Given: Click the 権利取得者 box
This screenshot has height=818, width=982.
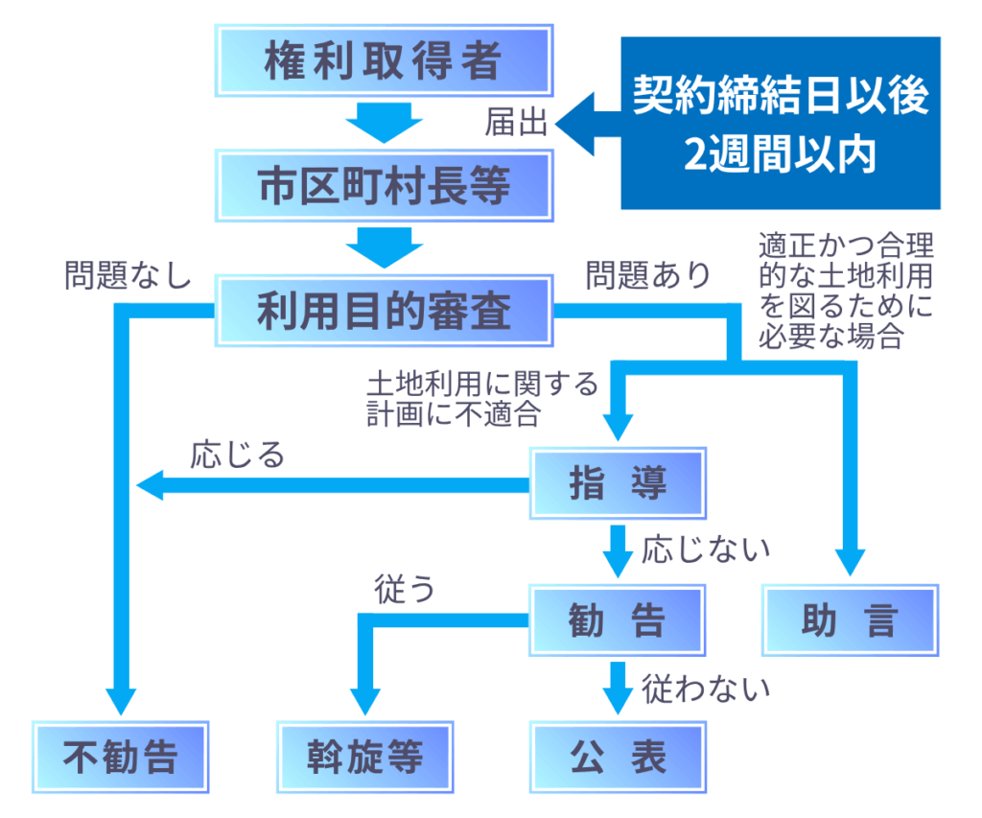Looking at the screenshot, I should click(x=384, y=61).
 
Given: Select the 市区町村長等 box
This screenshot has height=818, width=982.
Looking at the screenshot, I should click(x=384, y=185).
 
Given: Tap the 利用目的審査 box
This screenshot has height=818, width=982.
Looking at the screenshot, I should click(x=384, y=311).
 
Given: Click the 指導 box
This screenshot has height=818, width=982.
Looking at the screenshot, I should click(x=618, y=484).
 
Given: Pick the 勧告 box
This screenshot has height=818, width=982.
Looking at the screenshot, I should click(x=618, y=620).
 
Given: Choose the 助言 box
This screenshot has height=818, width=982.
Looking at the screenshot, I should click(x=850, y=620).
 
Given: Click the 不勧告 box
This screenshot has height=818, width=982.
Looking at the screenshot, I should click(x=121, y=756).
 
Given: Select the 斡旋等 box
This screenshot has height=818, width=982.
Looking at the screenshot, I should click(x=365, y=756).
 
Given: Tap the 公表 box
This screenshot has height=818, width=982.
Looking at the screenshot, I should click(x=618, y=756).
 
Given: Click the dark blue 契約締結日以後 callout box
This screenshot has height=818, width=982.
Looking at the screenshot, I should click(x=780, y=123).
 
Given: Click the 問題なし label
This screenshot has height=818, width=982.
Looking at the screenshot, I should click(x=128, y=276).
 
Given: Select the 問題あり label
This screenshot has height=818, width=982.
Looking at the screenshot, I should click(x=648, y=276).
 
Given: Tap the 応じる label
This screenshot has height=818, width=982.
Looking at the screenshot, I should click(x=237, y=454).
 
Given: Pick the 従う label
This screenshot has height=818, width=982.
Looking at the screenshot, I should click(x=404, y=591).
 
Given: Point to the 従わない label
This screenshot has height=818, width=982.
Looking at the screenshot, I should click(x=706, y=688).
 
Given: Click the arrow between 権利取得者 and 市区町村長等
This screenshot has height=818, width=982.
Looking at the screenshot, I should click(x=384, y=122).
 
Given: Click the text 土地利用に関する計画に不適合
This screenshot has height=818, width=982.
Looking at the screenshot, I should click(x=481, y=398).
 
